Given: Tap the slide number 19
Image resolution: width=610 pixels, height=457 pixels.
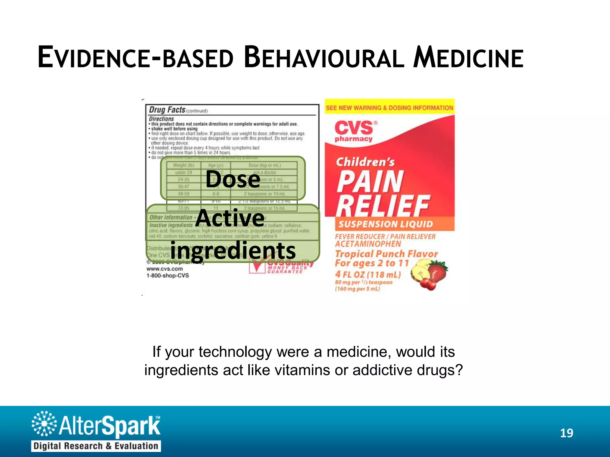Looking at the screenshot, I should pyautogui.click(x=567, y=433).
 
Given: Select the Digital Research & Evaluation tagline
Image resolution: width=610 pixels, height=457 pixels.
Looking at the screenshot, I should pyautogui.click(x=96, y=446).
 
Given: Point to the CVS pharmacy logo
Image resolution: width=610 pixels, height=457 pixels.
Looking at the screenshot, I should pyautogui.click(x=354, y=131).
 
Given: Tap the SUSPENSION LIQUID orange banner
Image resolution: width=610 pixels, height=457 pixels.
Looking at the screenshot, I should pyautogui.click(x=386, y=224).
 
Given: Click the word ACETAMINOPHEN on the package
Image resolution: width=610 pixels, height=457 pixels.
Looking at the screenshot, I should pyautogui.click(x=368, y=244).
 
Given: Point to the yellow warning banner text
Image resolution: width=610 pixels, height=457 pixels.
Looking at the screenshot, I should pyautogui.click(x=389, y=108).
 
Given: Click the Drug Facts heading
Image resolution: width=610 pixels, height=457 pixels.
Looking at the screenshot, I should pyautogui.click(x=167, y=110).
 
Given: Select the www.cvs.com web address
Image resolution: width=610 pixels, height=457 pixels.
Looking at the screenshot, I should pyautogui.click(x=164, y=269).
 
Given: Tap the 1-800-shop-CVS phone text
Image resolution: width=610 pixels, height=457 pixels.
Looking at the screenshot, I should pyautogui.click(x=168, y=276).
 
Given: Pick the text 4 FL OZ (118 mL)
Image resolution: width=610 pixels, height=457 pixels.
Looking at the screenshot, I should pyautogui.click(x=368, y=274).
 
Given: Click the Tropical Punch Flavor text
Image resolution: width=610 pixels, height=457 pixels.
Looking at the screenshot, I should pyautogui.click(x=386, y=254).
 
